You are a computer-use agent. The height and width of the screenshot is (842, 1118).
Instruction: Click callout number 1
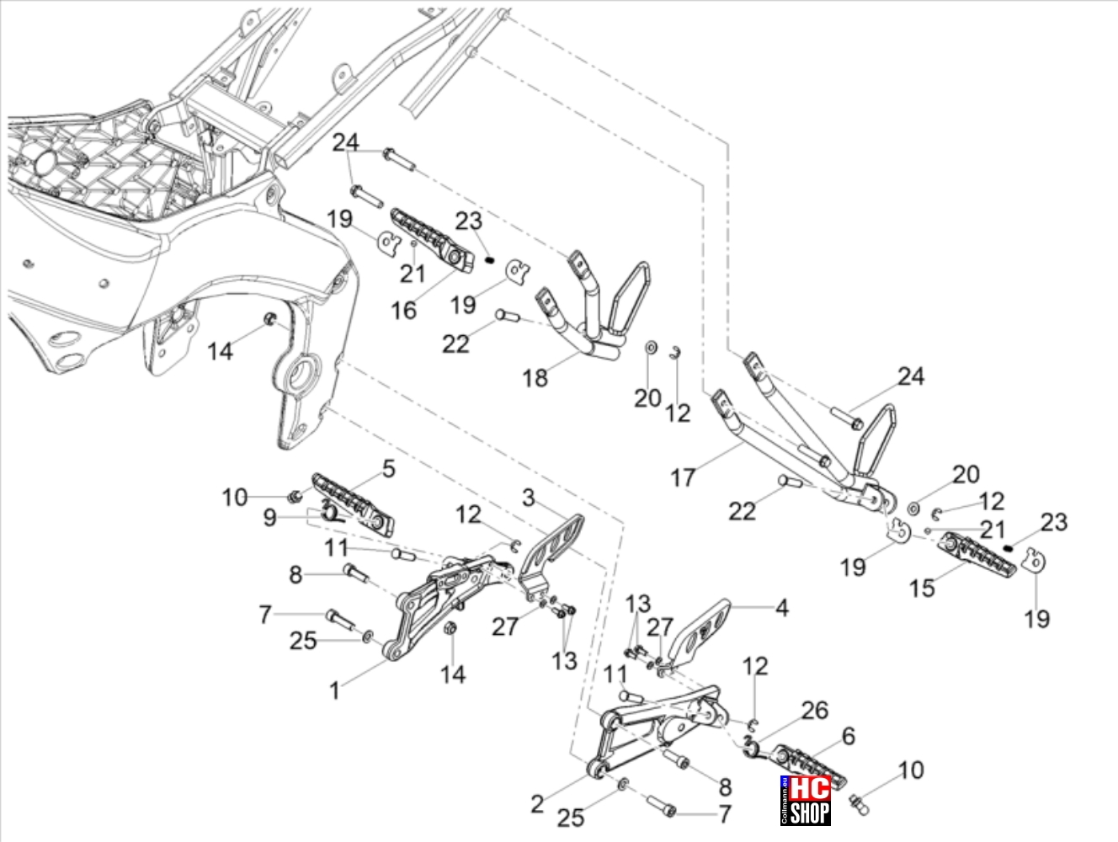click(x=334, y=691)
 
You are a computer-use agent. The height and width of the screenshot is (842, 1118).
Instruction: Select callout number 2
click(x=537, y=804)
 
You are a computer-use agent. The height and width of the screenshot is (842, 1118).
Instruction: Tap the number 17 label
click(x=683, y=477)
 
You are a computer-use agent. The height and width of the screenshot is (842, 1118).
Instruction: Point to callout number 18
click(x=535, y=378)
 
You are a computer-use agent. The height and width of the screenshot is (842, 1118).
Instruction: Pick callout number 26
click(x=815, y=710)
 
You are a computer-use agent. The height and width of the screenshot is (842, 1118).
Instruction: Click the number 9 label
click(x=269, y=518)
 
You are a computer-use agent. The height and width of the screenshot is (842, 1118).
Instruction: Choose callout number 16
click(x=403, y=310)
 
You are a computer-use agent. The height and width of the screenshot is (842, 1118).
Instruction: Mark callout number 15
click(x=922, y=588)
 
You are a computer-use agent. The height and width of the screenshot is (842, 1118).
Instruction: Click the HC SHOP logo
click(x=806, y=800)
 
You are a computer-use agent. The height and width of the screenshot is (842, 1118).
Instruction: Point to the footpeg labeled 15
click(x=977, y=555)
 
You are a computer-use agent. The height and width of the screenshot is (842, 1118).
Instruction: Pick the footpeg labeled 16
click(x=432, y=241)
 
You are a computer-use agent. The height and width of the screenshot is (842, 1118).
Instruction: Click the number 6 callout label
click(x=848, y=737)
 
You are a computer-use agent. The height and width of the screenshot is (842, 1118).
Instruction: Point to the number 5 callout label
click(x=389, y=469)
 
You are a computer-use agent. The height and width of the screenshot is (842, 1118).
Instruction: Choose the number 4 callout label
click(x=782, y=608)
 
